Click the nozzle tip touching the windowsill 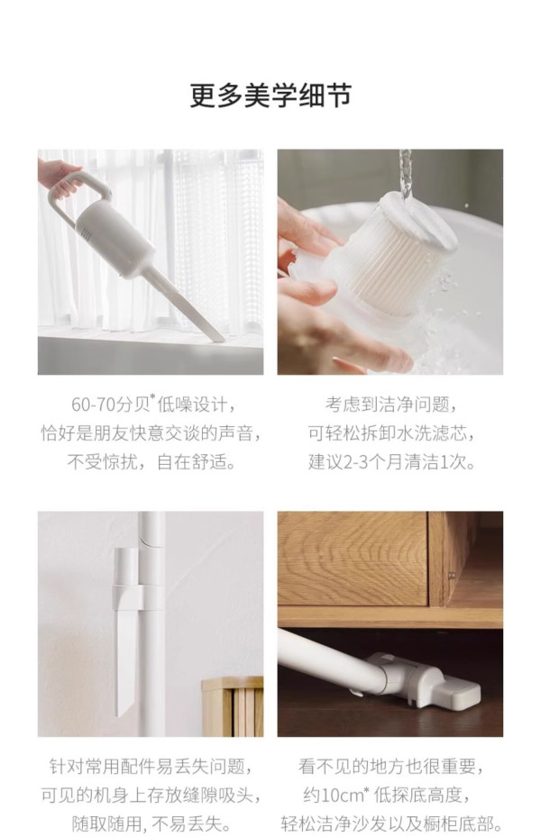point(218,335)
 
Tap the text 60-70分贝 point(109,405)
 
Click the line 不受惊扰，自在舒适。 point(152,461)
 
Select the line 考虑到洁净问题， point(391,405)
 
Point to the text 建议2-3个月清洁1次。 point(391,461)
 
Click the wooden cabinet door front point(353,559)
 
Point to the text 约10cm point(333,796)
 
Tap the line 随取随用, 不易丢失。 point(151,823)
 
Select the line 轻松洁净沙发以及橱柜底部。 point(391,823)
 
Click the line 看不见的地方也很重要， point(391,767)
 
